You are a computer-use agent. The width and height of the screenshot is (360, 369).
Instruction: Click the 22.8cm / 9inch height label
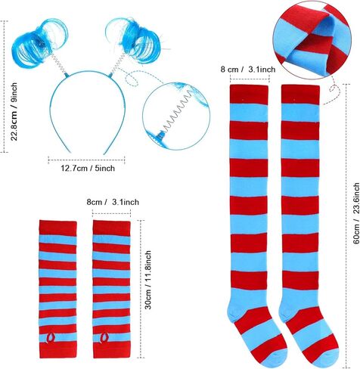click(x=14, y=112)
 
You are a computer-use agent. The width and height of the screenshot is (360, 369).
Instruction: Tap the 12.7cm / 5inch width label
click(x=88, y=168)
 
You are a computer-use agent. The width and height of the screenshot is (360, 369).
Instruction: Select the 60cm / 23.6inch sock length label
click(x=355, y=213)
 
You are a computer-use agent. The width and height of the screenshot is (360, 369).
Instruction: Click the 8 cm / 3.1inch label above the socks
click(x=248, y=70)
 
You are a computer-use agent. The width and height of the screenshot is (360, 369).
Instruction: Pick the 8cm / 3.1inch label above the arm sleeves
click(x=113, y=202)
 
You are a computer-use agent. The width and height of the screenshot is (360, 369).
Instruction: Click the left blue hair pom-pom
click(x=39, y=42)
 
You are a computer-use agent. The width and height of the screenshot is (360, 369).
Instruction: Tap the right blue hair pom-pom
click(x=135, y=38)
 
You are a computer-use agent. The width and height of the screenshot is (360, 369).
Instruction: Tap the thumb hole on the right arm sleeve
click(x=104, y=338)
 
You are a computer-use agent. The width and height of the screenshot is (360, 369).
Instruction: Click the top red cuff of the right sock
click(x=300, y=95)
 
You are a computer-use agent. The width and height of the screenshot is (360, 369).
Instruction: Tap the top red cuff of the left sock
click(x=249, y=95)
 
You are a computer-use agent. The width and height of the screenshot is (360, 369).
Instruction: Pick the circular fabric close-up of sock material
click(x=312, y=38)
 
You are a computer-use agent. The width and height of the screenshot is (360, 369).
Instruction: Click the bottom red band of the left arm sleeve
click(x=57, y=350)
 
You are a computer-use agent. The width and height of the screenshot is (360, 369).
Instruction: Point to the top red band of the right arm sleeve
click(x=111, y=228)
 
